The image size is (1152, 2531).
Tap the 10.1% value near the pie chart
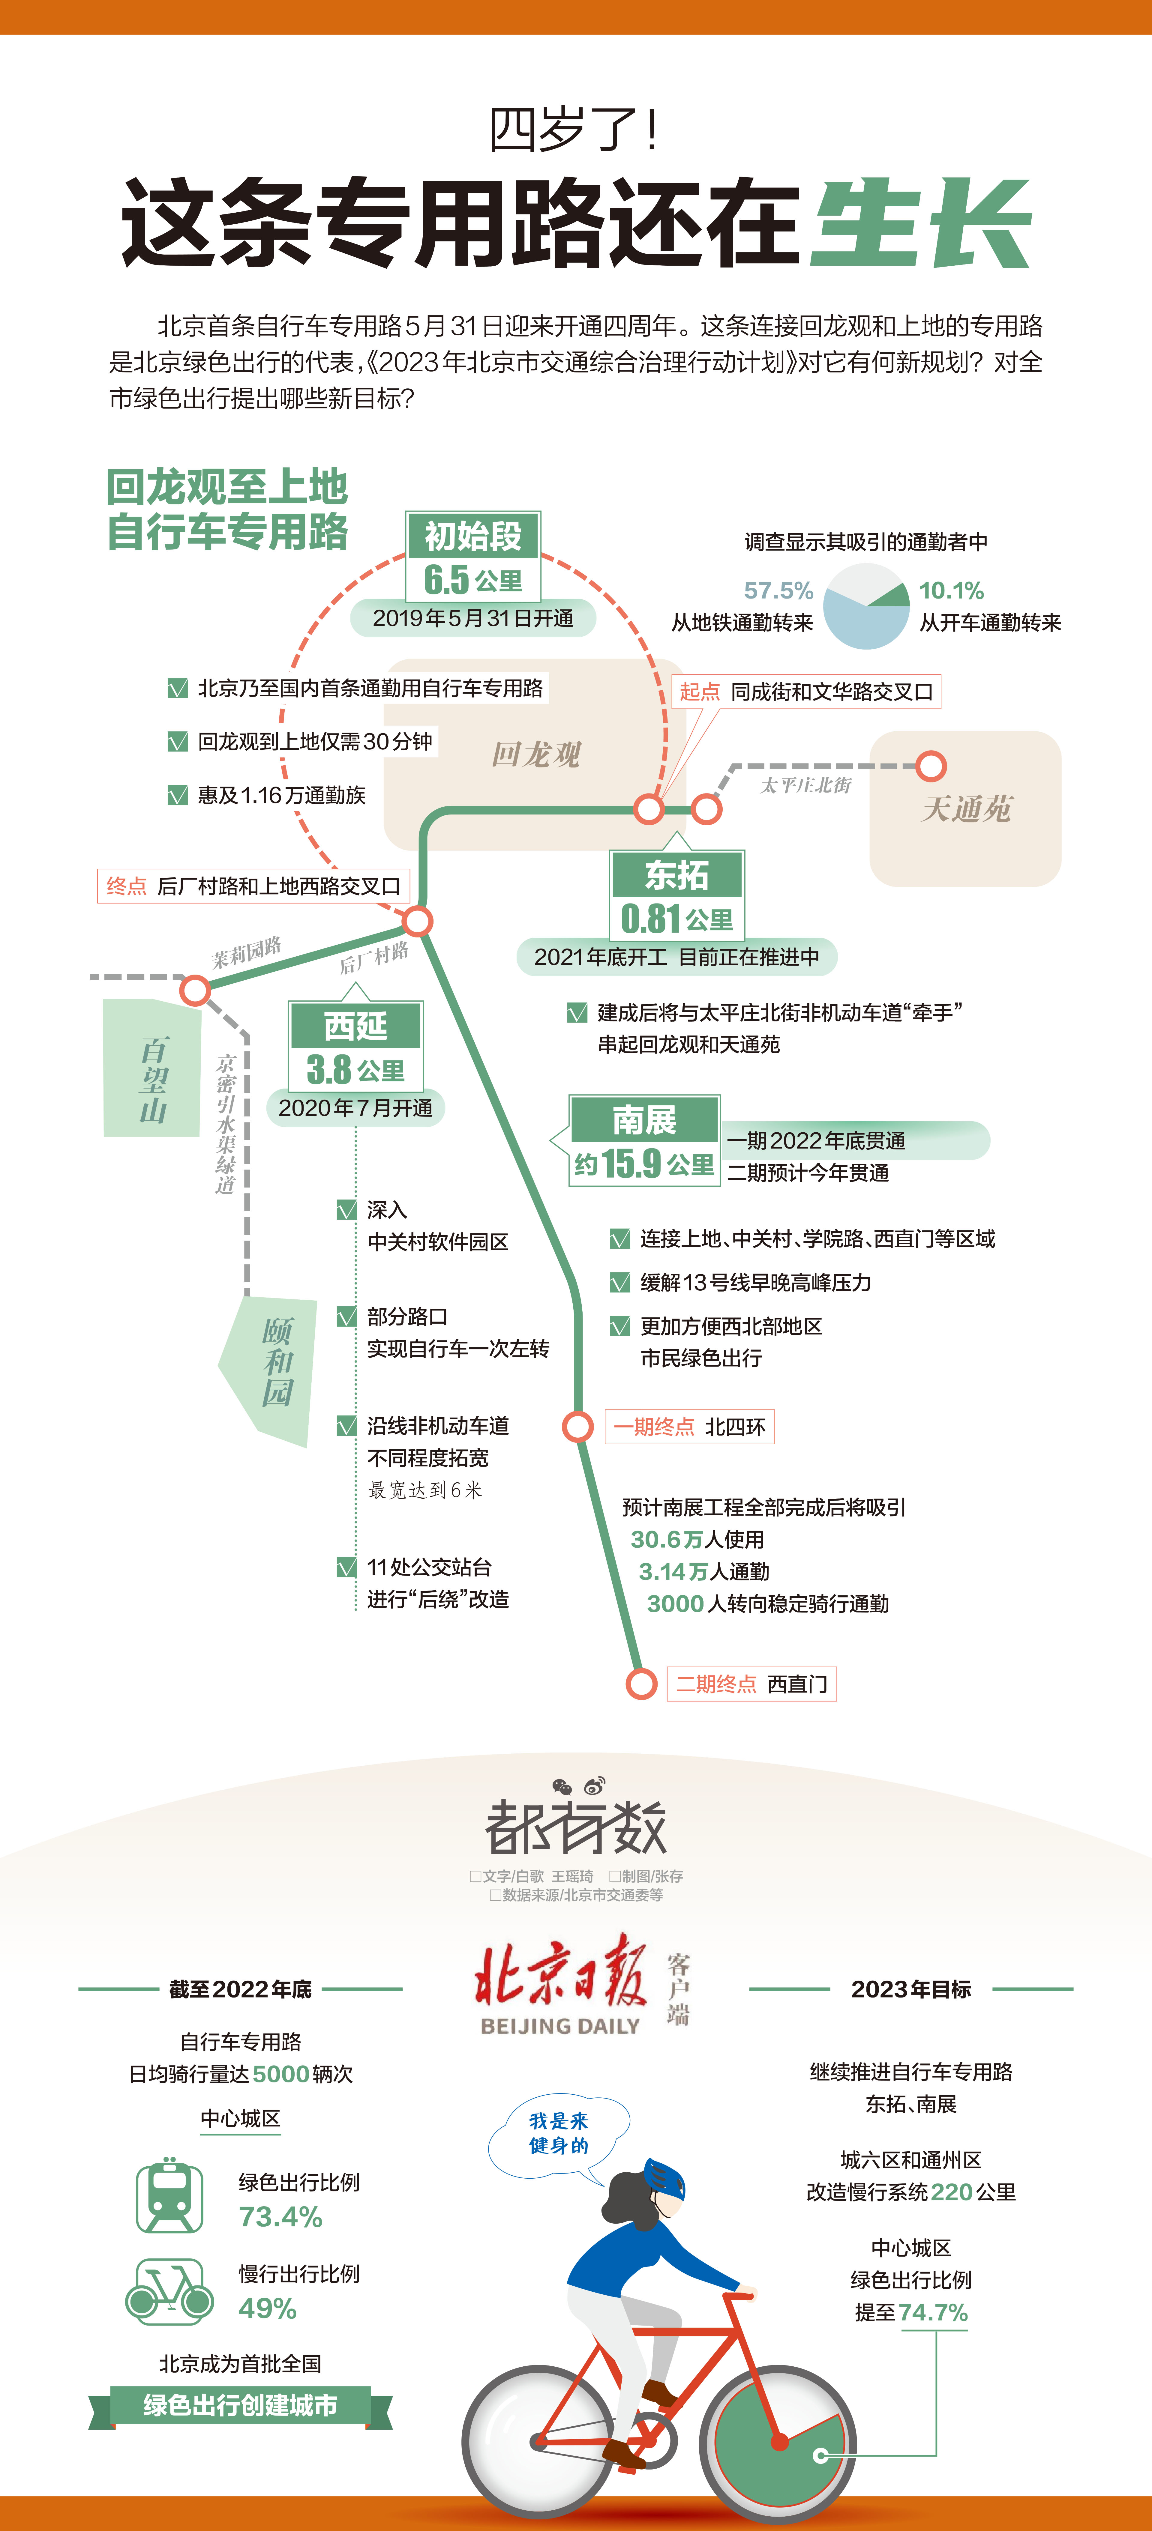click(950, 590)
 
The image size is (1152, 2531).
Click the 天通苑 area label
click(965, 808)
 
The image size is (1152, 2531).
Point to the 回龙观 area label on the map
click(536, 755)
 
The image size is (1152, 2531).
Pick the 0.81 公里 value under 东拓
click(676, 919)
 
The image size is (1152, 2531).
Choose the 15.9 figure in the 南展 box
click(632, 1163)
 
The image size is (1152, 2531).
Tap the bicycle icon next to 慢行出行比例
click(169, 2292)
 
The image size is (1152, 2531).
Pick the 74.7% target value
click(933, 2313)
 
